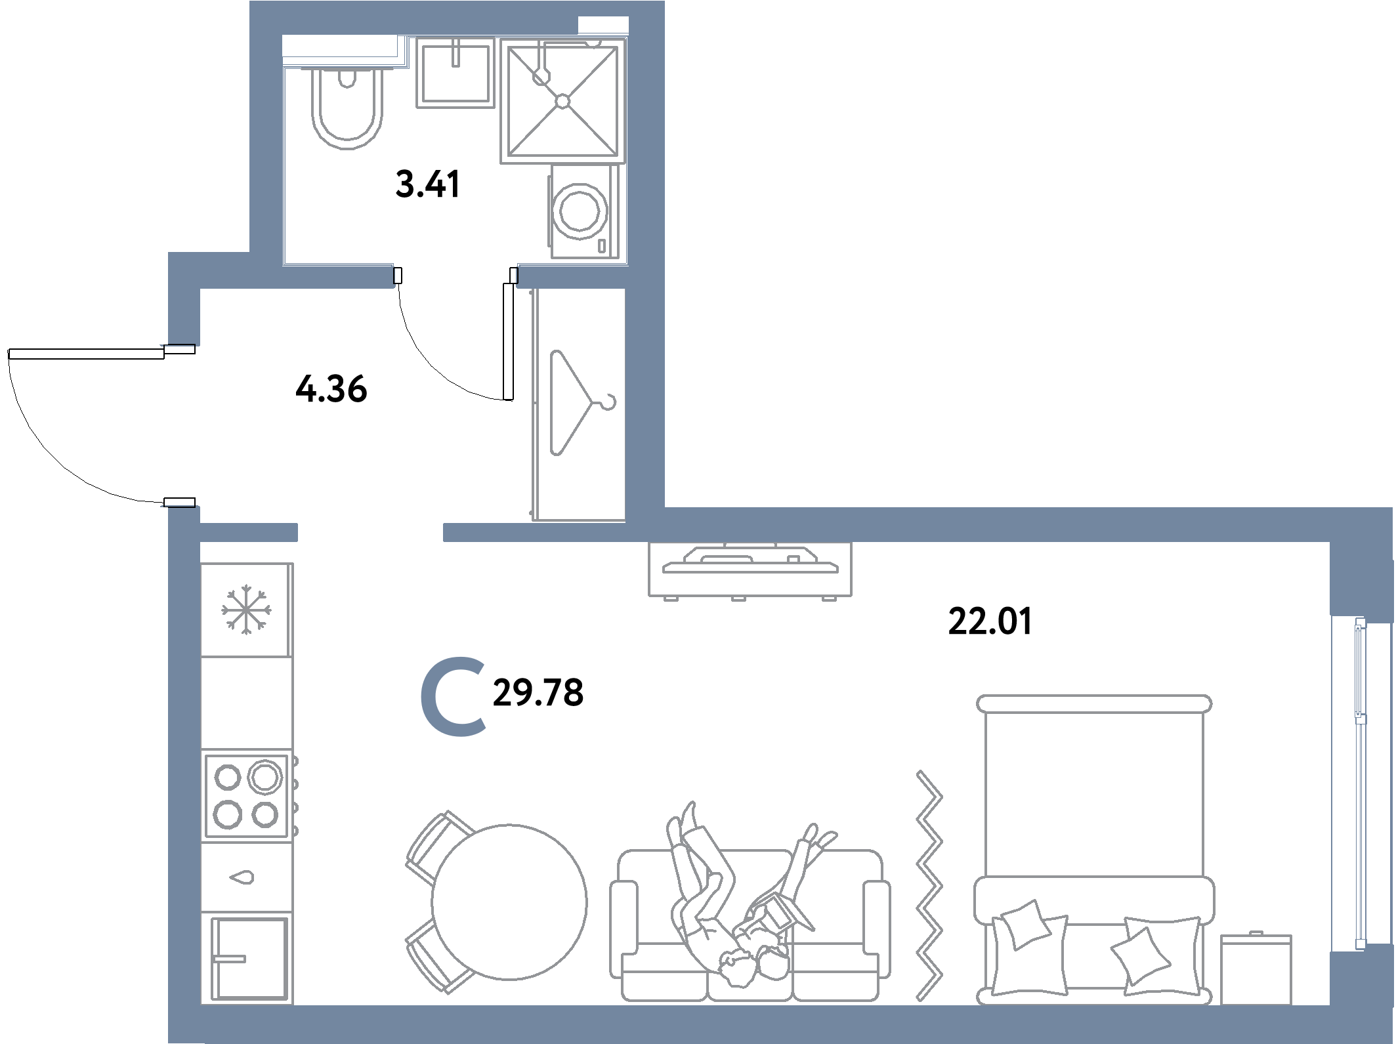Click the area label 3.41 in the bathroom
pos(428,184)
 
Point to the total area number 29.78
pos(538,693)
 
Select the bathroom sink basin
pos(455,73)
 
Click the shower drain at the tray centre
pos(562,101)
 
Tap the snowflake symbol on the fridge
pos(246,610)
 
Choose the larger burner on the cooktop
pos(265,777)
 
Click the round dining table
pos(509,902)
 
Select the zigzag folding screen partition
pos(929,887)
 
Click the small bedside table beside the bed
pos(1256,969)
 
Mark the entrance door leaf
pos(86,354)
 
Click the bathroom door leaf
pos(508,341)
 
